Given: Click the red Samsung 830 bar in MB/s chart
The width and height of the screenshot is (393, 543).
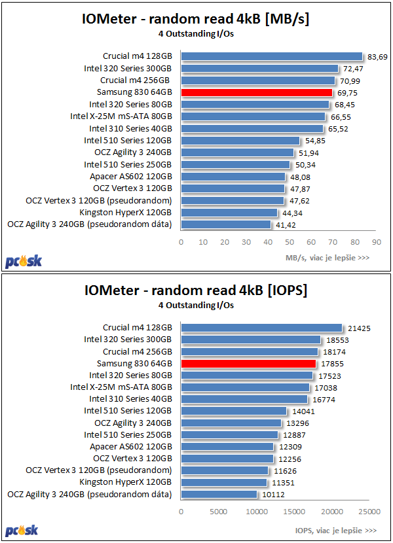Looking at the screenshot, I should [x=257, y=92].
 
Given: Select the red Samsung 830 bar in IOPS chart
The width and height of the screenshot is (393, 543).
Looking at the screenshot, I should [x=248, y=363].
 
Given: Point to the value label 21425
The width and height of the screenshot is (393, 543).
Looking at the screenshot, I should [x=357, y=328].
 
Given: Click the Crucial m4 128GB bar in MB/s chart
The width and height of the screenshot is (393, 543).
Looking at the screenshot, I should [x=271, y=56].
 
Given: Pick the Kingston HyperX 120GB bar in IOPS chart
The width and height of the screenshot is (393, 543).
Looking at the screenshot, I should [x=224, y=483].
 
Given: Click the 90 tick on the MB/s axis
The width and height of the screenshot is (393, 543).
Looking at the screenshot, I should [x=376, y=241].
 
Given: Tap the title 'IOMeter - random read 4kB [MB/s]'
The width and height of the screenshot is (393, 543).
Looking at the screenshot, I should [x=196, y=19].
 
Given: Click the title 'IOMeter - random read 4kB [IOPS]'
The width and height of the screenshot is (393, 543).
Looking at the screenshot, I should [x=196, y=289].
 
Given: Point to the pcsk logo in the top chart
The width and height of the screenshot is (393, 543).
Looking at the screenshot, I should [x=24, y=260].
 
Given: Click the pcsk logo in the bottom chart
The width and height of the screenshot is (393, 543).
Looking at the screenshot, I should [x=24, y=531].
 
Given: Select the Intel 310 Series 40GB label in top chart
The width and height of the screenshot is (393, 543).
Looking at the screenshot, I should [x=130, y=128].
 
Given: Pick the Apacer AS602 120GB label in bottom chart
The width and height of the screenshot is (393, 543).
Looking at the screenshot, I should [x=131, y=447].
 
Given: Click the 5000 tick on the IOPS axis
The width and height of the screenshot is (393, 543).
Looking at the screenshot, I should [x=219, y=512].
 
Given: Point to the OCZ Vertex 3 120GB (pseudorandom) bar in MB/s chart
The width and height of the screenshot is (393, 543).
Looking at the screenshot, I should [x=233, y=200].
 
